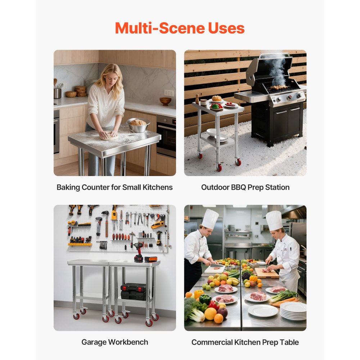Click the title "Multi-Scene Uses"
click(180, 28)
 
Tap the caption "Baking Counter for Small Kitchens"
click(114, 187)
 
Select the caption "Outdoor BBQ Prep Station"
click(245, 187)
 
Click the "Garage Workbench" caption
click(114, 342)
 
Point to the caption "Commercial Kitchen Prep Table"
click(245, 342)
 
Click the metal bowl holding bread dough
click(138, 125)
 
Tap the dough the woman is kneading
click(109, 136)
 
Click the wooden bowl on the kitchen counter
click(165, 101)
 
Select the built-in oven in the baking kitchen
click(166, 135)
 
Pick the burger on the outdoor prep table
click(217, 98)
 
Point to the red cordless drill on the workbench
click(138, 252)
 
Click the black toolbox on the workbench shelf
click(133, 291)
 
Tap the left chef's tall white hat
click(210, 219)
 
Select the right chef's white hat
click(274, 220)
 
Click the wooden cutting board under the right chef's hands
click(267, 273)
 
